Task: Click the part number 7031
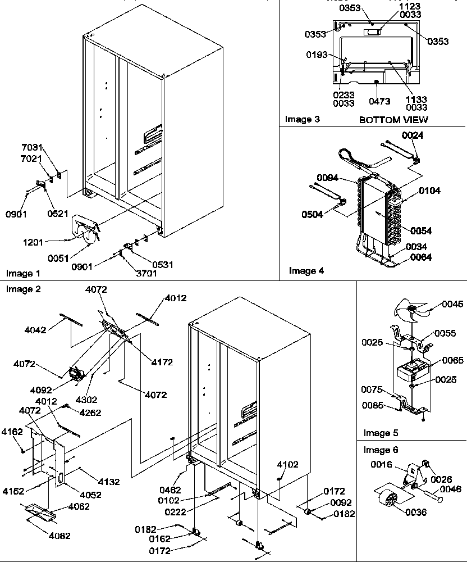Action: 32,147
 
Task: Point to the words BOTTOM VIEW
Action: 393,119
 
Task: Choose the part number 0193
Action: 317,55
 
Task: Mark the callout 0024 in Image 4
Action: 413,135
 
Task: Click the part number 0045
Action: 452,305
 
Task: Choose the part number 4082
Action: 59,536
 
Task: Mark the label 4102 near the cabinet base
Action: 287,464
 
